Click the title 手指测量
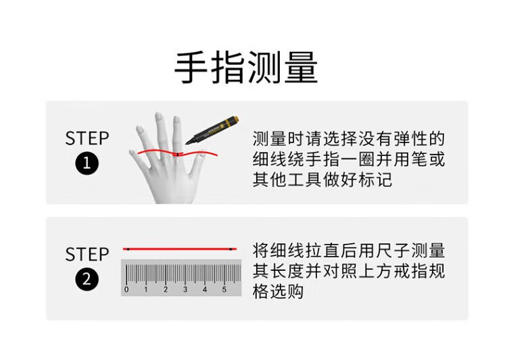click(x=246, y=68)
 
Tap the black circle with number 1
click(x=87, y=163)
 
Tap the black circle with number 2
click(x=87, y=279)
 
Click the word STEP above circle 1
click(x=87, y=138)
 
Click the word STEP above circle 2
click(x=87, y=255)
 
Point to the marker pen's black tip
click(x=188, y=143)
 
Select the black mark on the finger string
click(x=178, y=155)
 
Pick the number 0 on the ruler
click(x=126, y=290)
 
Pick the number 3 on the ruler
click(x=185, y=290)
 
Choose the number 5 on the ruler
click(x=224, y=290)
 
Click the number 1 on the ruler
click(x=146, y=290)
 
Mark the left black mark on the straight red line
click(x=128, y=249)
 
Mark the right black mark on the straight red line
click(x=231, y=249)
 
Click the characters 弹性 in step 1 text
click(x=410, y=138)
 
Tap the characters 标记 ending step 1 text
click(x=375, y=180)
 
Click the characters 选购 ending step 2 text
click(x=287, y=292)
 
